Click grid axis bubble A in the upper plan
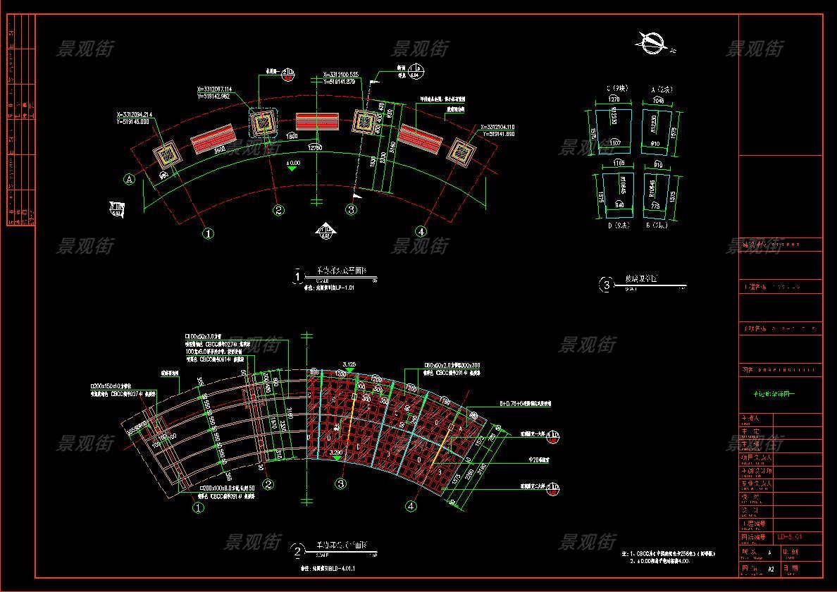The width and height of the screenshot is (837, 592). (x=130, y=180)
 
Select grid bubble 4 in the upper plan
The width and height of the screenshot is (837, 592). (x=421, y=231)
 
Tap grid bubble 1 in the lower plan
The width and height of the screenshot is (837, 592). (x=198, y=507)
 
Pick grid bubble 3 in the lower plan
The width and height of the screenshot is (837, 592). (x=341, y=483)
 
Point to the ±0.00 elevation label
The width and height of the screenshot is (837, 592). (x=292, y=163)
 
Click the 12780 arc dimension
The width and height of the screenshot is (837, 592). (x=315, y=148)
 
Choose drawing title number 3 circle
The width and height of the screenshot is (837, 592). (x=606, y=285)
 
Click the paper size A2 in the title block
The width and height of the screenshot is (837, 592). (x=771, y=568)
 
